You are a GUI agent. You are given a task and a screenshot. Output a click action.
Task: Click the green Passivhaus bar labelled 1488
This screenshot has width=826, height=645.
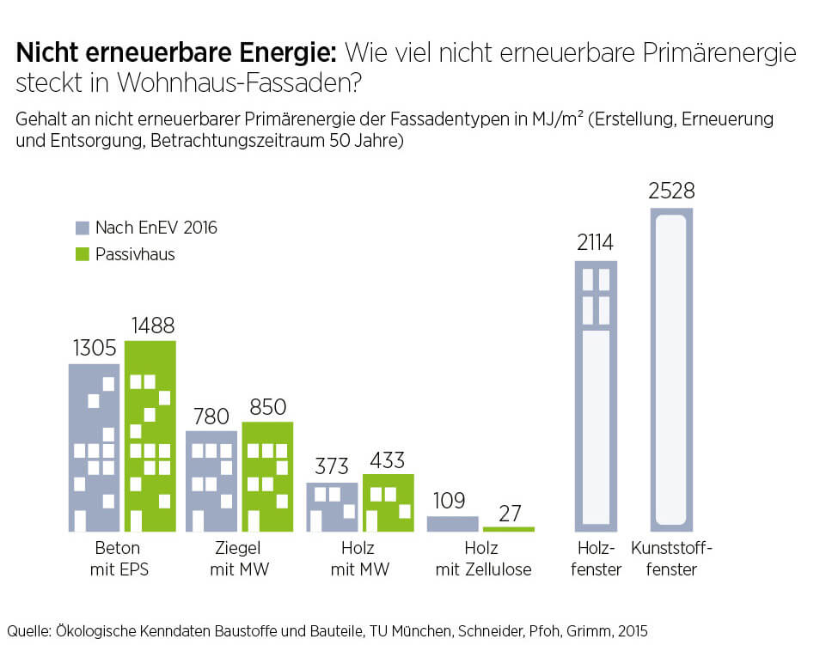[x=150, y=435]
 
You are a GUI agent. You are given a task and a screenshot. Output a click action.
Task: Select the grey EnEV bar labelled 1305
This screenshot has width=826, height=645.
[x=95, y=447]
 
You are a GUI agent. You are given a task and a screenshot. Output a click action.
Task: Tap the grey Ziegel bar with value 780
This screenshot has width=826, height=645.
[x=211, y=481]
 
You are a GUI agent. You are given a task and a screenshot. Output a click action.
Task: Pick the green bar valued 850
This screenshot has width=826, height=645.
[x=267, y=477]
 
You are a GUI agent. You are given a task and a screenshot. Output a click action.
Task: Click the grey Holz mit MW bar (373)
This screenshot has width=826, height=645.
[x=332, y=507]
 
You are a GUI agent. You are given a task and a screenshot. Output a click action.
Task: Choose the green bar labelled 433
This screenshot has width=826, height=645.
[x=388, y=502]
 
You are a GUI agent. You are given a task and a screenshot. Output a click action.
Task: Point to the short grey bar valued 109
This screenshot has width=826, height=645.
[x=452, y=523]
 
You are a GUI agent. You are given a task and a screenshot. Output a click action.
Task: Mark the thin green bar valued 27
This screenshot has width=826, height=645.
[x=508, y=528]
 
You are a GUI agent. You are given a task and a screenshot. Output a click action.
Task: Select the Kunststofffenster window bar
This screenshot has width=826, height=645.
[x=671, y=369]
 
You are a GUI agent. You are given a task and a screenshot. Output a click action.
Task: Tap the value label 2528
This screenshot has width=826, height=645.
[x=671, y=191]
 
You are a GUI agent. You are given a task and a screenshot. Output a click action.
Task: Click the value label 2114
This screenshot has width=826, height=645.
[x=595, y=243]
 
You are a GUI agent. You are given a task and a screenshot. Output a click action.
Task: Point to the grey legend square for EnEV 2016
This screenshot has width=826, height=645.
[x=83, y=228]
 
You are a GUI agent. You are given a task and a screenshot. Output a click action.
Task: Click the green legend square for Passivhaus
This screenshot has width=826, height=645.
[x=83, y=254]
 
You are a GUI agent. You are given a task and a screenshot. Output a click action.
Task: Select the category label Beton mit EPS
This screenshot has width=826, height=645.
[x=119, y=558]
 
